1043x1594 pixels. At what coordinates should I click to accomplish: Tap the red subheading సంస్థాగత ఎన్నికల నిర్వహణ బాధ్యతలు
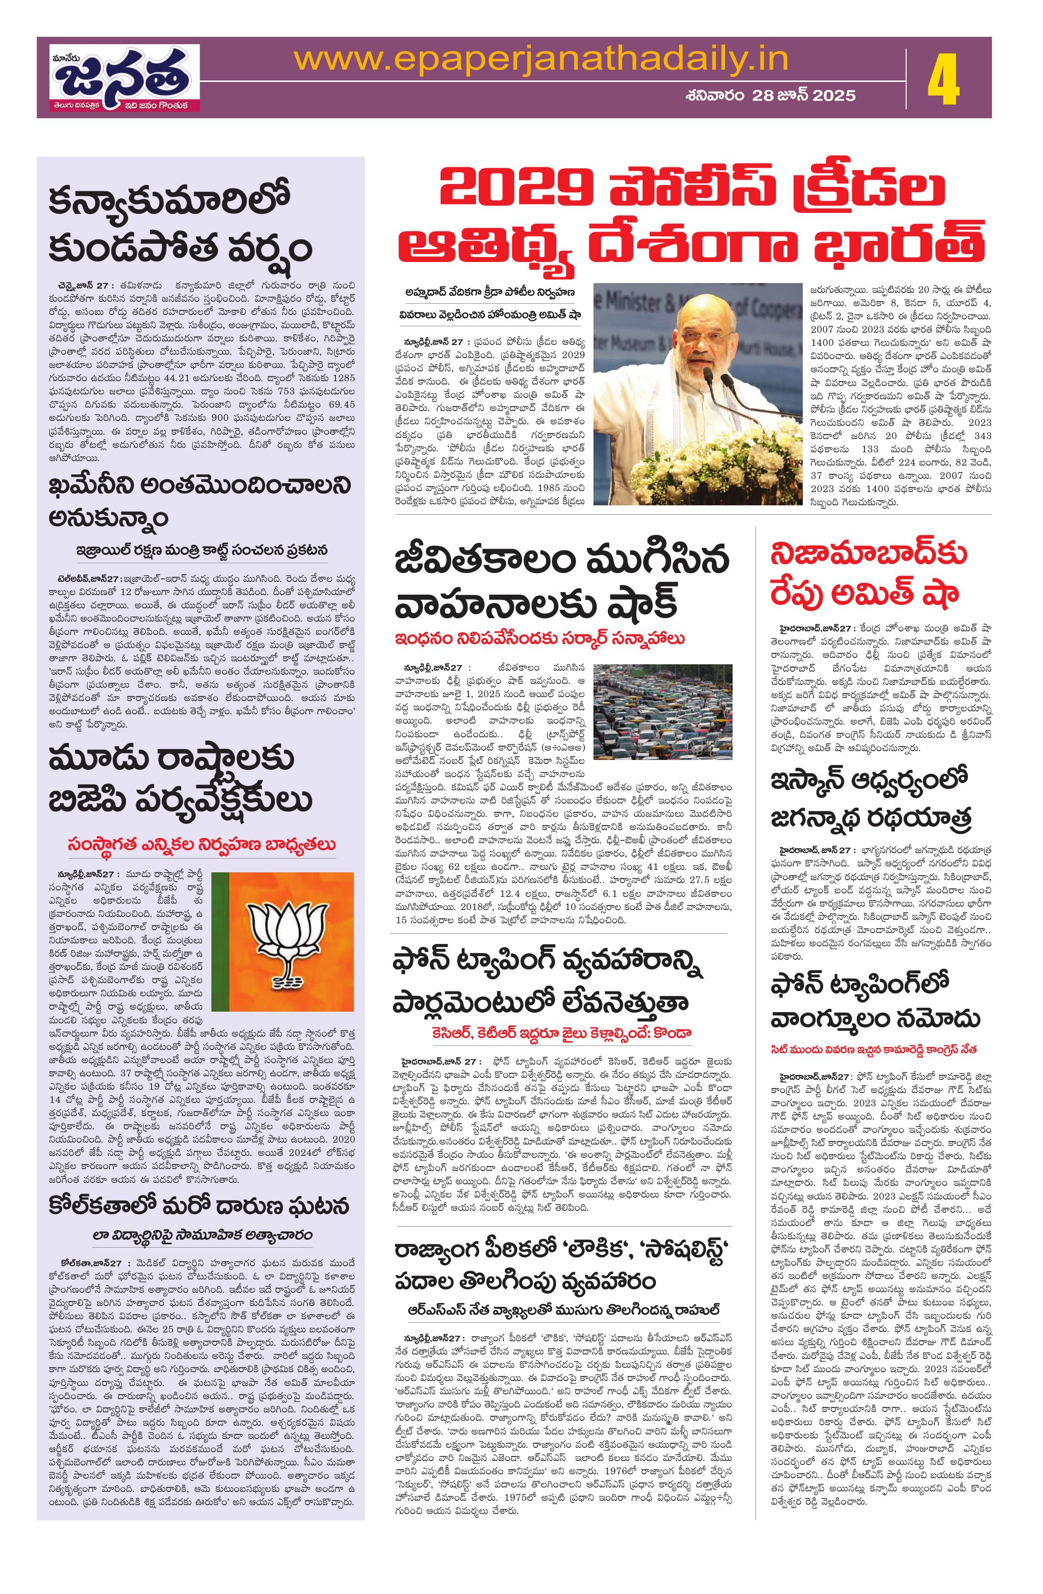coord(202,845)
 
